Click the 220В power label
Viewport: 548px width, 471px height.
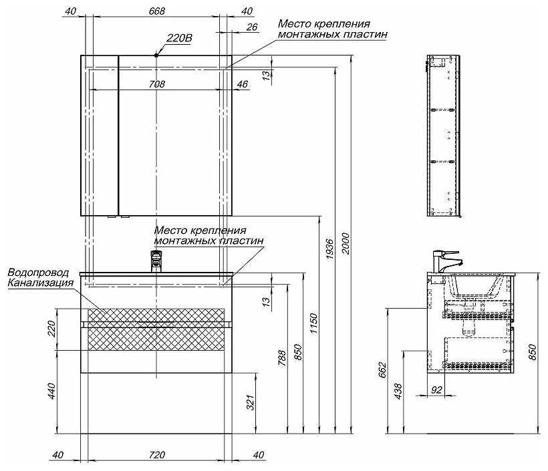point(179,39)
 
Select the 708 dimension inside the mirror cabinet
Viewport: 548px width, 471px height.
point(156,84)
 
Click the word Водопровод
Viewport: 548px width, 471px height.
point(39,273)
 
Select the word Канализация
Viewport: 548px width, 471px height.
point(40,283)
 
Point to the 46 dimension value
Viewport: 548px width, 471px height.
point(242,84)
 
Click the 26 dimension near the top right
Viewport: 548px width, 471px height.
point(252,27)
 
